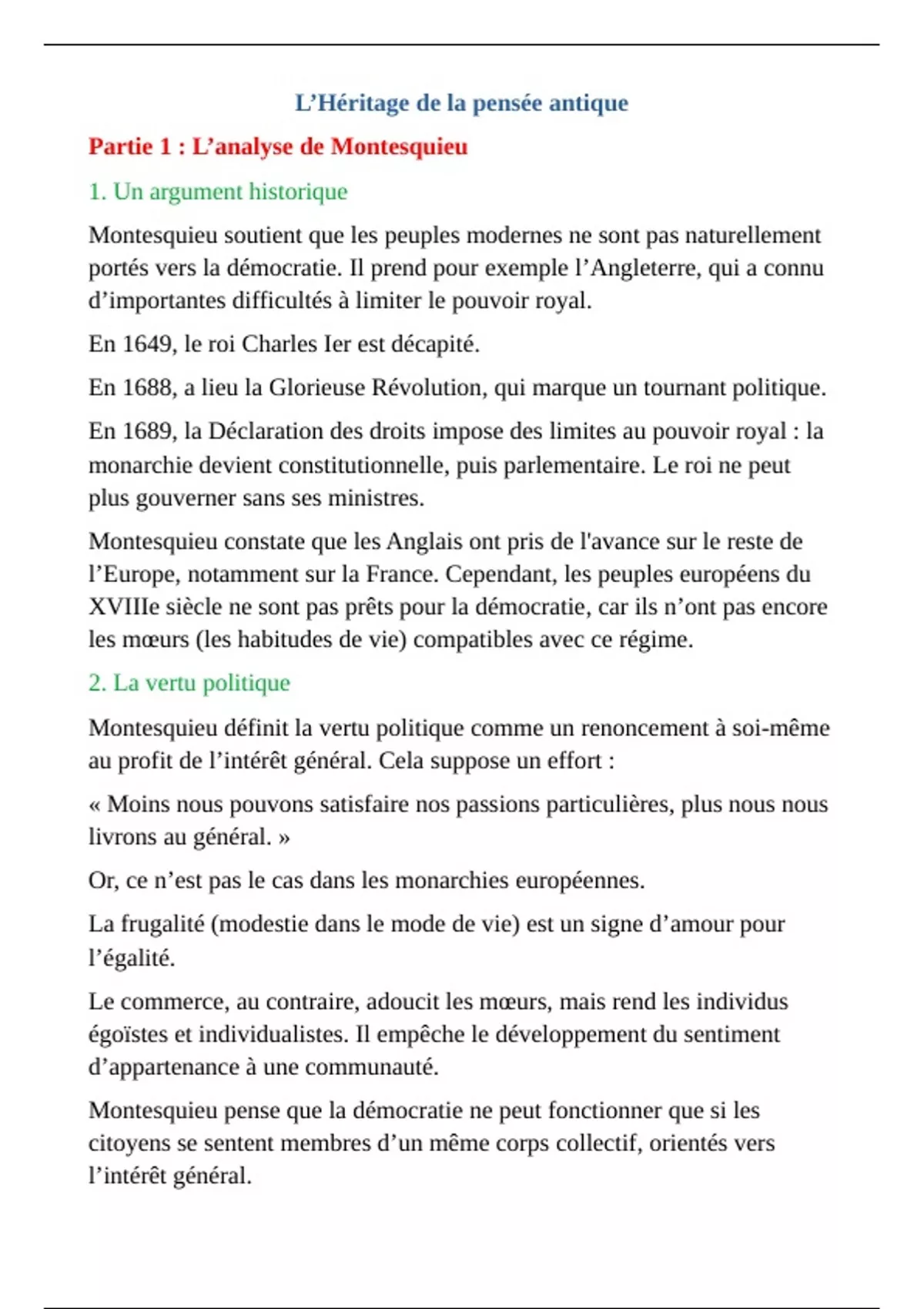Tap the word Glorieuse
(316, 387)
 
